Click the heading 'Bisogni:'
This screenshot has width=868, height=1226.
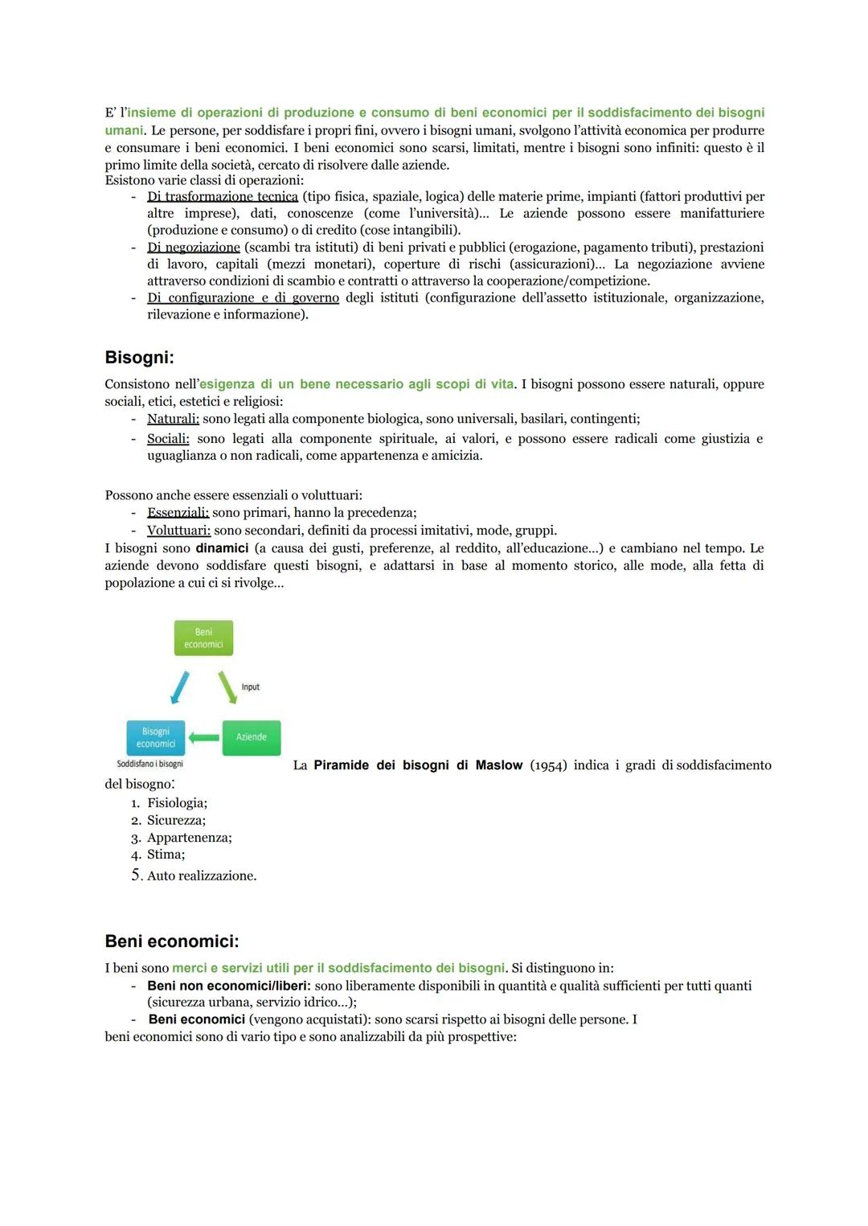pyautogui.click(x=139, y=357)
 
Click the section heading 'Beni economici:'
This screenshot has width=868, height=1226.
pyautogui.click(x=172, y=941)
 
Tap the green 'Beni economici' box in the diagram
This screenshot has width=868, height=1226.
pyautogui.click(x=203, y=638)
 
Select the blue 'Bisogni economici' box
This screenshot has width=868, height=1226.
pyautogui.click(x=156, y=738)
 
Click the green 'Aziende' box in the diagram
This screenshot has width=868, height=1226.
pyautogui.click(x=251, y=737)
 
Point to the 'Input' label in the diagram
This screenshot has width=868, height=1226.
pyautogui.click(x=251, y=687)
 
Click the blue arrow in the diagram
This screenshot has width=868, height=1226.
pyautogui.click(x=180, y=688)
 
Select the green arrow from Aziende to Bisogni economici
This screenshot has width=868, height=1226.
pyautogui.click(x=204, y=737)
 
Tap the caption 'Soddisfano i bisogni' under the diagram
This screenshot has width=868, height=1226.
pyautogui.click(x=150, y=764)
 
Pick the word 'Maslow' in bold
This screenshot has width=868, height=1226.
pyautogui.click(x=499, y=765)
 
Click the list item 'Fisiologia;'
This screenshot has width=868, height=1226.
pyautogui.click(x=177, y=803)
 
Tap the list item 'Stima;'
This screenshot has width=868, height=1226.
pyautogui.click(x=166, y=855)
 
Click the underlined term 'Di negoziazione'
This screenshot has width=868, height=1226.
pyautogui.click(x=194, y=248)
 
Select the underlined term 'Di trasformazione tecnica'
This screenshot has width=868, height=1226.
pyautogui.click(x=223, y=197)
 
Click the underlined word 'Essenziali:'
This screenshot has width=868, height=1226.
pyautogui.click(x=178, y=513)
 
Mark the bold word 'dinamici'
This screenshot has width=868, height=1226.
pyautogui.click(x=222, y=548)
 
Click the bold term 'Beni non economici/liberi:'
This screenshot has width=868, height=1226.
pyautogui.click(x=229, y=986)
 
